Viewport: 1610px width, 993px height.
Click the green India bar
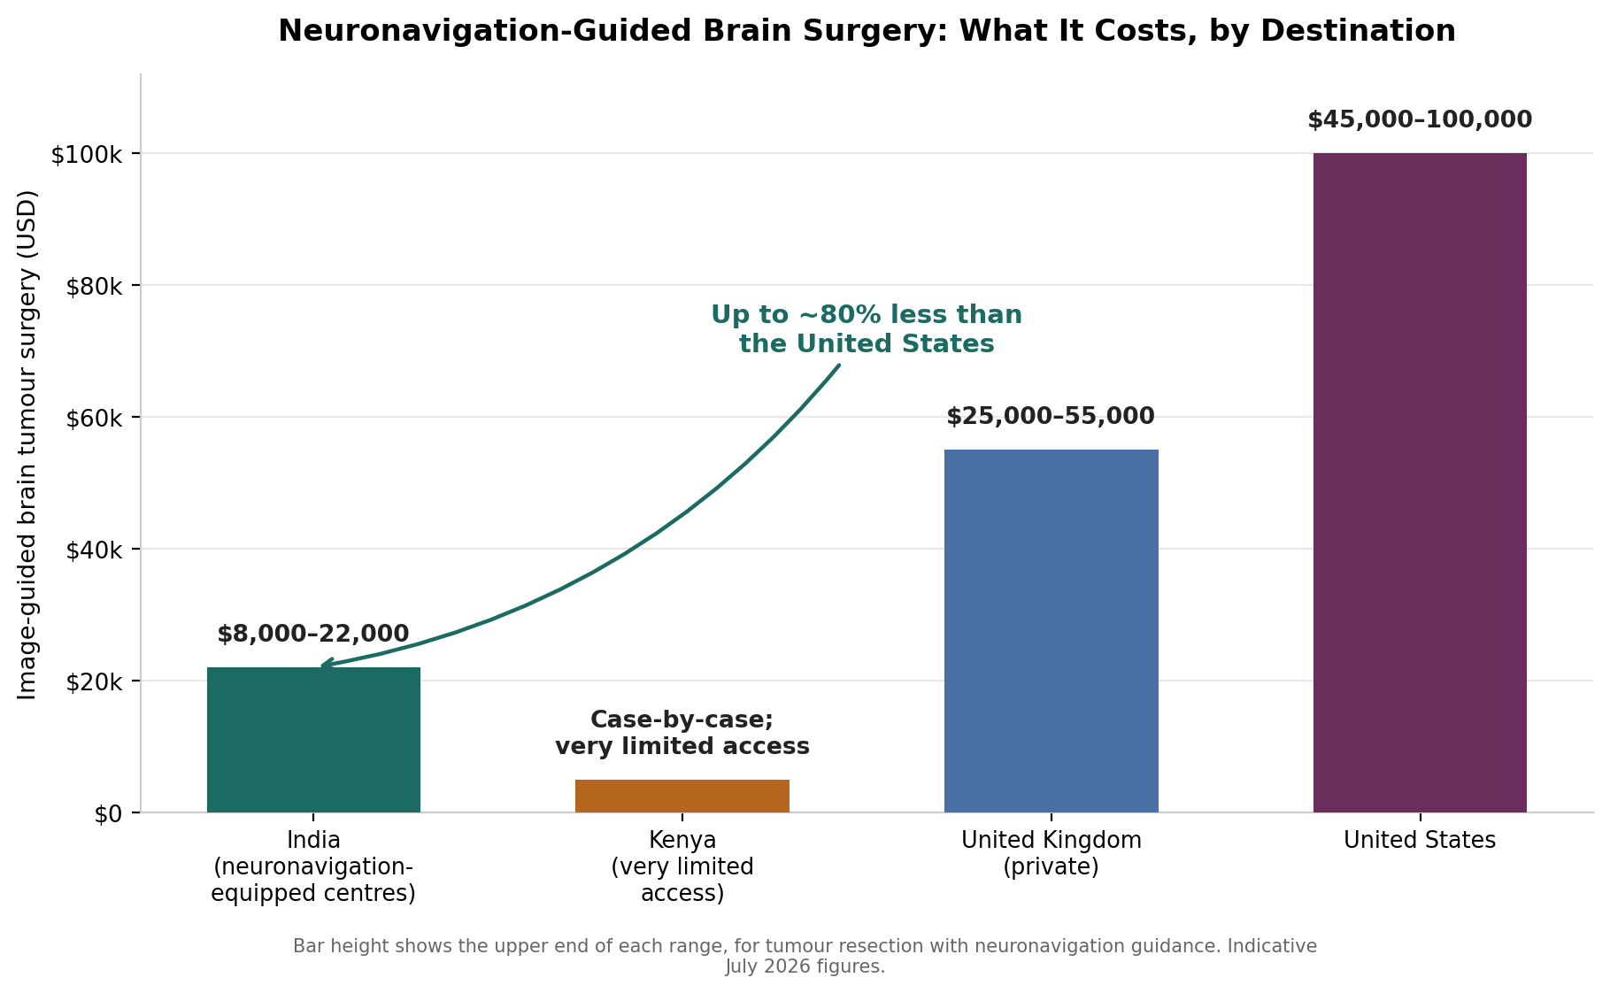pyautogui.click(x=313, y=740)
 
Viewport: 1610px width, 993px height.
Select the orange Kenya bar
pyautogui.click(x=682, y=796)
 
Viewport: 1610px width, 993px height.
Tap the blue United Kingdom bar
pyautogui.click(x=1052, y=631)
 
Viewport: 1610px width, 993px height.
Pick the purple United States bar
pyautogui.click(x=1420, y=482)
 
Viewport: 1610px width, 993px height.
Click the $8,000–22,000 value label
pyautogui.click(x=313, y=634)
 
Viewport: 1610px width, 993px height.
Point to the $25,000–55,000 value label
pyautogui.click(x=1051, y=416)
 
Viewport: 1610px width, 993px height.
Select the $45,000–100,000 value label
pyautogui.click(x=1420, y=119)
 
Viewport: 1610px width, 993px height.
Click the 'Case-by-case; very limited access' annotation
pyautogui.click(x=682, y=733)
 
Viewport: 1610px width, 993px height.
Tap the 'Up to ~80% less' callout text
pyautogui.click(x=867, y=328)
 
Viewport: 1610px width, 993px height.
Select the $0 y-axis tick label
pyautogui.click(x=108, y=813)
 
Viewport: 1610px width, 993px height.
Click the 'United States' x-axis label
pyautogui.click(x=1420, y=840)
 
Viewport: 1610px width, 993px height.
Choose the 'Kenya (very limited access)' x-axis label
pyautogui.click(x=682, y=866)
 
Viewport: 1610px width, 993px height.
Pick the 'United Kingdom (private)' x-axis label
pyautogui.click(x=1052, y=853)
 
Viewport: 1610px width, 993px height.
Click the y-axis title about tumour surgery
pyautogui.click(x=27, y=444)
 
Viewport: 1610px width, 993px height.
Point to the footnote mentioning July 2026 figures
pyautogui.click(x=805, y=956)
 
